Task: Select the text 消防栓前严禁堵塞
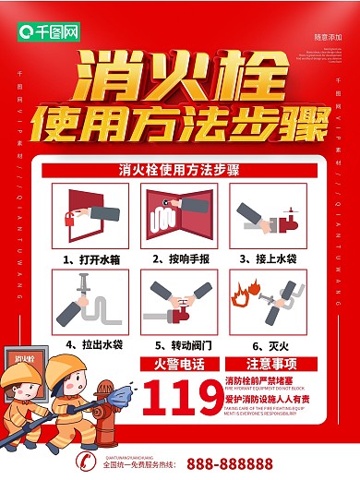pos(262,380)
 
